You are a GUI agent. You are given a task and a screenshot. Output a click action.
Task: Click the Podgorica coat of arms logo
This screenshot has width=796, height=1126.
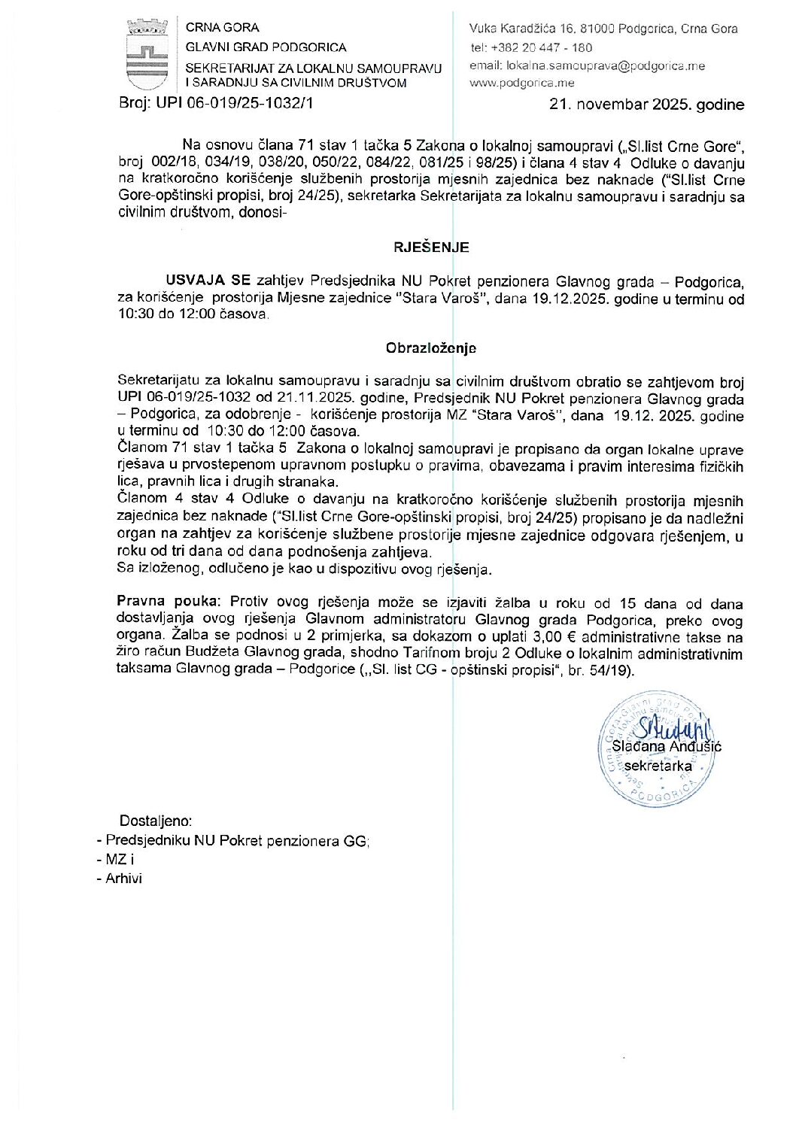[147, 53]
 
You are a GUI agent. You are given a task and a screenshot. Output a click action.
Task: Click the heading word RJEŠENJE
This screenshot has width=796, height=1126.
[431, 247]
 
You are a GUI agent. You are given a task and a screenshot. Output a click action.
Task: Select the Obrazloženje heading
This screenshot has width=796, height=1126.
[430, 348]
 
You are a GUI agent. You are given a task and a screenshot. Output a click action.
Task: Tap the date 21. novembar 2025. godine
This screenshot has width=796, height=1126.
[647, 105]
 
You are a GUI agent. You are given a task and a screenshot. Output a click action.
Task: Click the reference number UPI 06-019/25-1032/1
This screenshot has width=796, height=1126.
[234, 103]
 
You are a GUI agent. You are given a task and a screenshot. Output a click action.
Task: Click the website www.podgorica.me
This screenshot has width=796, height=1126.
[521, 83]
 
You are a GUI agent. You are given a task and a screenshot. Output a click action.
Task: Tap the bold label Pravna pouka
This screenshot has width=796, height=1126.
[169, 602]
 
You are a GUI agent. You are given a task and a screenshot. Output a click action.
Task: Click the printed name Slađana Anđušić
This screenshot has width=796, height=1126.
[667, 746]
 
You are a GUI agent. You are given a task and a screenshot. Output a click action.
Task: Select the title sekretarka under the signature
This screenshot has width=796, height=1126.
[658, 766]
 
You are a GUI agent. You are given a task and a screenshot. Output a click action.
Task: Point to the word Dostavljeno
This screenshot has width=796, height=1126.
[156, 821]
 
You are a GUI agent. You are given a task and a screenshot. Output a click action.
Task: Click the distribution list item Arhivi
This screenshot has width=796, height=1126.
[123, 878]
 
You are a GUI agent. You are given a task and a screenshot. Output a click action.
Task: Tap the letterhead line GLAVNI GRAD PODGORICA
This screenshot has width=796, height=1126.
[266, 47]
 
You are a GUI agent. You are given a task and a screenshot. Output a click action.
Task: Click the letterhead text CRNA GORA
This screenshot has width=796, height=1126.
[223, 28]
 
